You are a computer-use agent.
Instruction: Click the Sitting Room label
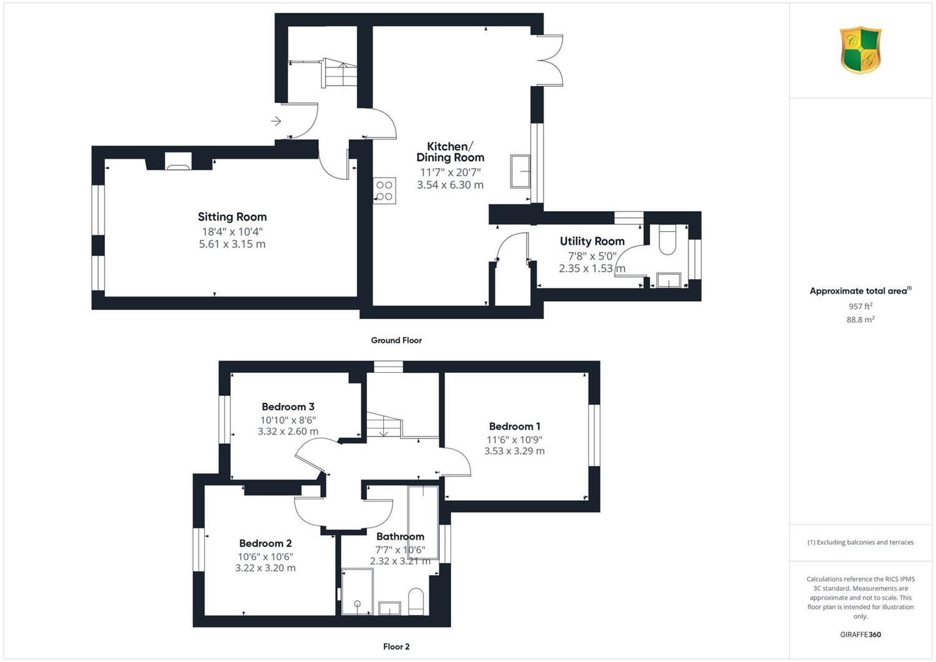pos(232,217)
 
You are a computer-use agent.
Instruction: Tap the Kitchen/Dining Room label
pos(450,152)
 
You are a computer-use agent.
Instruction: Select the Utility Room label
pos(592,241)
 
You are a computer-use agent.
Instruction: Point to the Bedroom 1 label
pos(514,426)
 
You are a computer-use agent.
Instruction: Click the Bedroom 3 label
pos(288,407)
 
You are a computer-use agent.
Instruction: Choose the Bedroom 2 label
pos(265,543)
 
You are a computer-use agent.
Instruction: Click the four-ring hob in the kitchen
pos(384,190)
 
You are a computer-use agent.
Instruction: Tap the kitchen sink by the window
pos(520,171)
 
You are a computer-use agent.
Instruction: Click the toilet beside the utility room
pos(667,240)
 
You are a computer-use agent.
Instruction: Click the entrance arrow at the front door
pos(276,121)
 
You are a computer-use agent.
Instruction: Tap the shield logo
pos(860,50)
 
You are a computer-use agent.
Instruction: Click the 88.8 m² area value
pos(860,320)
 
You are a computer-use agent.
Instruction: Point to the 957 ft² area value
pos(860,306)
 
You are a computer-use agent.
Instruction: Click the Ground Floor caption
pos(396,340)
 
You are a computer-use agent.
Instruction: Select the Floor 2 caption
pos(396,646)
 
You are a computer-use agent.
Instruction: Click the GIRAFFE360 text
pos(860,635)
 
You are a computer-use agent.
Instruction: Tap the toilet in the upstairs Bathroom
pos(416,602)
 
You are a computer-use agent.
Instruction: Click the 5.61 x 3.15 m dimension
pos(232,244)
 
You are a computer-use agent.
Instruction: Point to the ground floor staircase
pos(339,73)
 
